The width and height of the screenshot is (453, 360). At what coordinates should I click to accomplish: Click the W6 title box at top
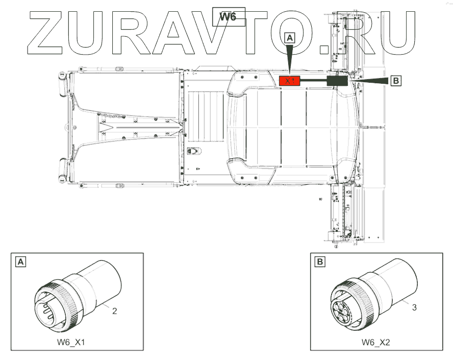(228, 17)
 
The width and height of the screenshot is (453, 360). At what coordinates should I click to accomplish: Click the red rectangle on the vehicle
(290, 81)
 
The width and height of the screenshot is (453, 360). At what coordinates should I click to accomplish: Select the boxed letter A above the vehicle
(290, 38)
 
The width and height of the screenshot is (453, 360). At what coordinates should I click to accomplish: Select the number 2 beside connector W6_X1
(115, 310)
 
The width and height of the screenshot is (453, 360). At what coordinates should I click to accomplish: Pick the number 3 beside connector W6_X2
(414, 307)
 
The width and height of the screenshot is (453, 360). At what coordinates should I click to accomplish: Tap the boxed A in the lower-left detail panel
(20, 262)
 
